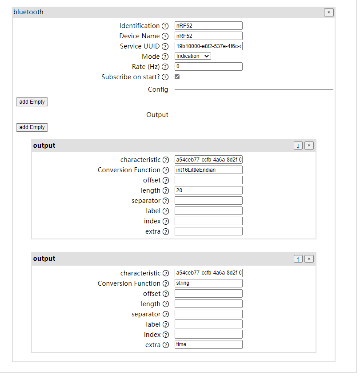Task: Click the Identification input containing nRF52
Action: point(208,26)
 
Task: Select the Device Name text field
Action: point(208,36)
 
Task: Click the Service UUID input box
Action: point(208,46)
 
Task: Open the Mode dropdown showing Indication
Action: point(192,57)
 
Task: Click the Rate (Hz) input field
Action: point(208,67)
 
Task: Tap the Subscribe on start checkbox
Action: point(177,77)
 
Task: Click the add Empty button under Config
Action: point(32,102)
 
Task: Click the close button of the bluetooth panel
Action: point(328,12)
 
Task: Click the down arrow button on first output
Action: point(298,146)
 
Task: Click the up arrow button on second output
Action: point(298,259)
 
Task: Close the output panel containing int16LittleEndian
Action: point(309,146)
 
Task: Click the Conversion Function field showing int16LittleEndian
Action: point(208,170)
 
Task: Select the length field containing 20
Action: point(208,190)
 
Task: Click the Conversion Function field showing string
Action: point(208,283)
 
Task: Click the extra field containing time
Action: point(208,345)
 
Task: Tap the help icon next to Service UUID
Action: point(165,46)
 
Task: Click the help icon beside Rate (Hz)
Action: point(165,67)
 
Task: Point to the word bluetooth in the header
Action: point(28,12)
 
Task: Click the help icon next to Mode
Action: point(165,57)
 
